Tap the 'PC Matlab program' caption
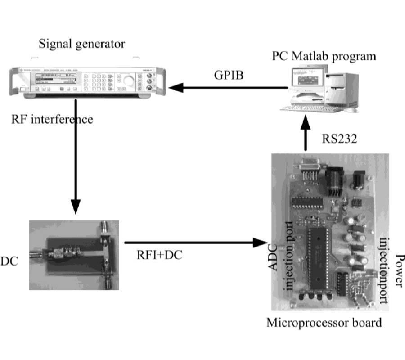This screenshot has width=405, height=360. tap(324, 57)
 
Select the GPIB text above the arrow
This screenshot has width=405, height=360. tap(229, 75)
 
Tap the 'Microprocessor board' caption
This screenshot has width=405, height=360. tap(324, 322)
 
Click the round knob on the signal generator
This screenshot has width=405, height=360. tap(129, 81)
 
